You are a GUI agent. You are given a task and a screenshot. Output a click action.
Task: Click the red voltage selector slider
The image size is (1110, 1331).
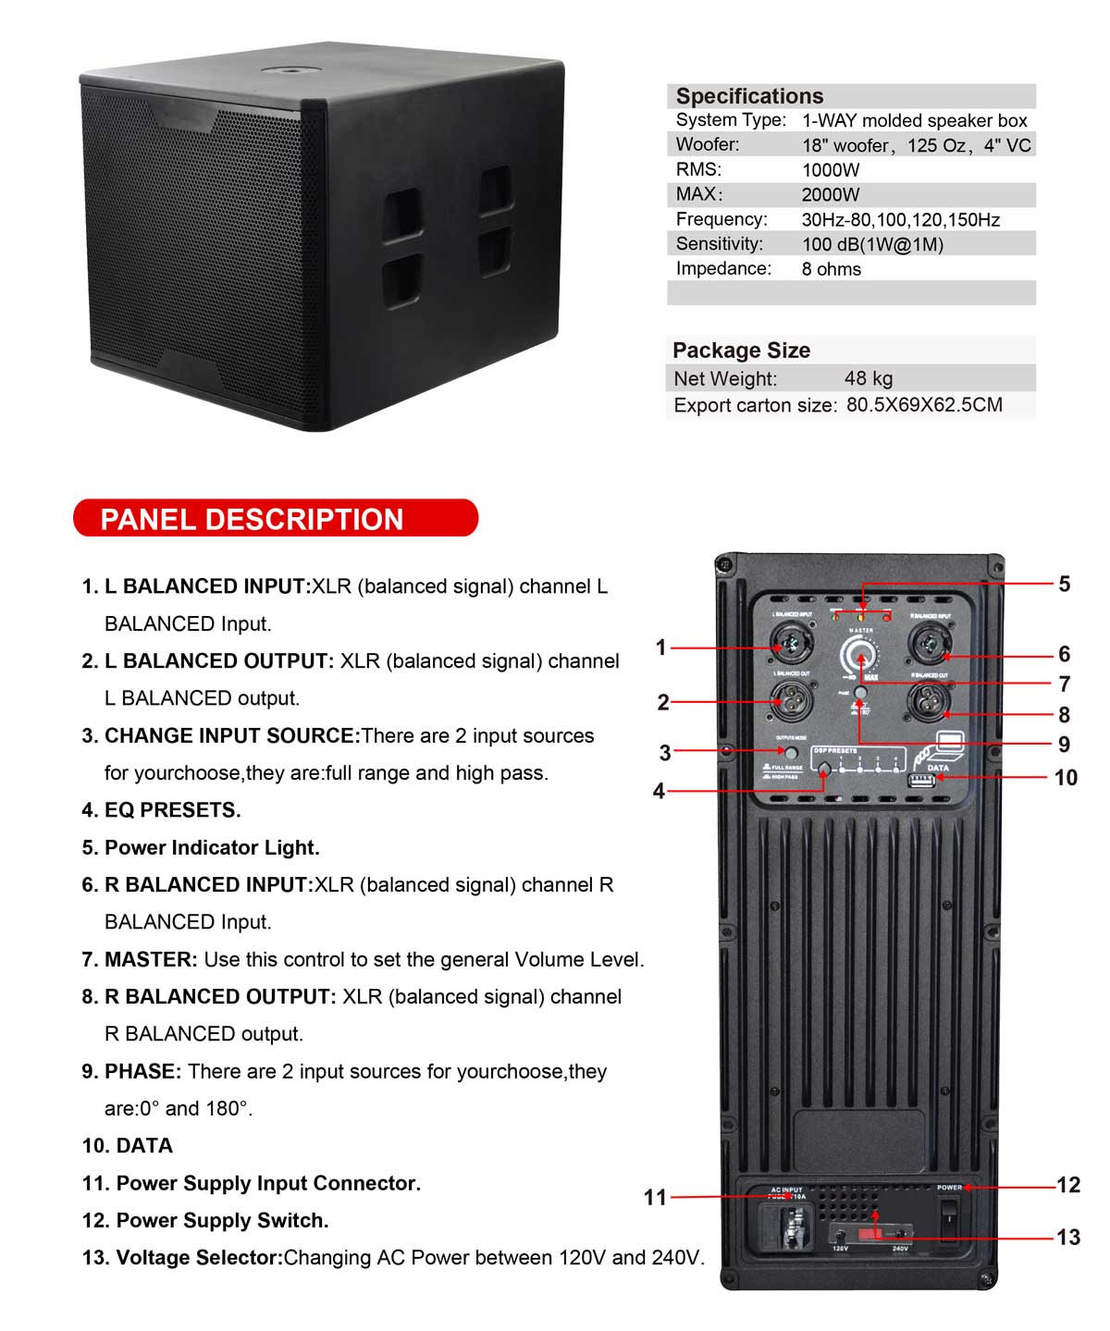point(868,1235)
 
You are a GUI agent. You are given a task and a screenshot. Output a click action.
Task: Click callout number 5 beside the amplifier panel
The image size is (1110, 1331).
point(1064,584)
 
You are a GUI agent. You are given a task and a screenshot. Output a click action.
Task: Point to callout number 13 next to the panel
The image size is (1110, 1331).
point(1067,1237)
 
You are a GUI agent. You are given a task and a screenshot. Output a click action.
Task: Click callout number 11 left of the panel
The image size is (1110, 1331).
point(655,1197)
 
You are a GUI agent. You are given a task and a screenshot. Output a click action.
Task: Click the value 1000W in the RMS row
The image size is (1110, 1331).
point(830,170)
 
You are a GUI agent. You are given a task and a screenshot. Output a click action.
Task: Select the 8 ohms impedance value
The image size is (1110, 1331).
point(831,269)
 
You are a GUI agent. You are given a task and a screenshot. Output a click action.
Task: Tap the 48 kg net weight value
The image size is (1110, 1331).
point(868,378)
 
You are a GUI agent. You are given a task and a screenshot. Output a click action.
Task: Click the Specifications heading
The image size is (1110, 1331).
point(749,96)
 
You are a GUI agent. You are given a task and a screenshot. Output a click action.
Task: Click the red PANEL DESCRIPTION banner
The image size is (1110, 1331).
point(275,518)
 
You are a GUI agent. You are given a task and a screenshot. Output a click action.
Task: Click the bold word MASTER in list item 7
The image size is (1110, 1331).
point(151,959)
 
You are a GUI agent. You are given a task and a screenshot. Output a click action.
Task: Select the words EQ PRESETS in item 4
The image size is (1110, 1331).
point(172,810)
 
